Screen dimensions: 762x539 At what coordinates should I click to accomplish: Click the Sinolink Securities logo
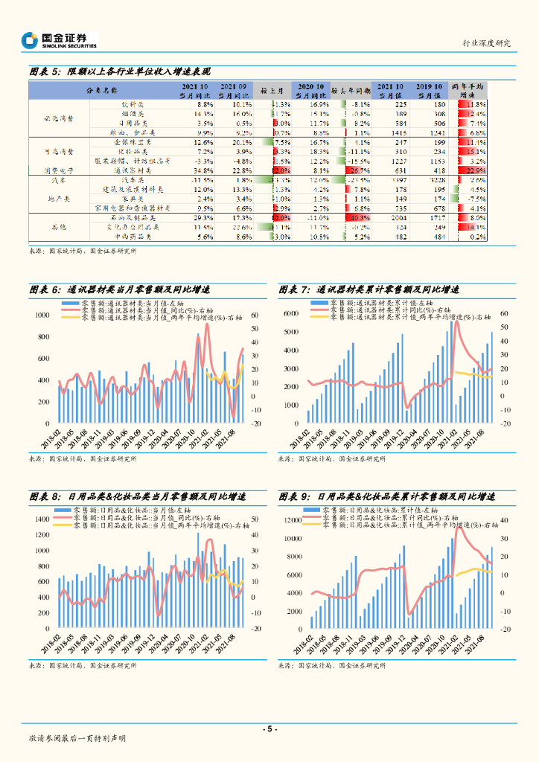(x=59, y=40)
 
